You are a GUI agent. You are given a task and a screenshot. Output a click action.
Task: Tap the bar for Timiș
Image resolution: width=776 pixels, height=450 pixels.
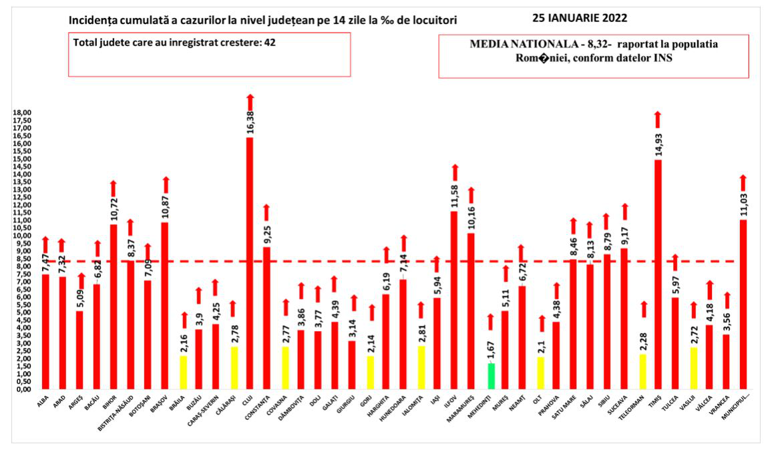coord(658,274)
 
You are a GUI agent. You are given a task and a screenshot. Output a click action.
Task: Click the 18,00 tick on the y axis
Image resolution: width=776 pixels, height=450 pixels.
coord(24,113)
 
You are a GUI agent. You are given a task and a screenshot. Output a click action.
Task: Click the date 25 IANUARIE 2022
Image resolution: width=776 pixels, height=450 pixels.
coord(580,17)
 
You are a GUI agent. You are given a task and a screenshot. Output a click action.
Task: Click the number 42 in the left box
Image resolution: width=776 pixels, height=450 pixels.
coord(269,41)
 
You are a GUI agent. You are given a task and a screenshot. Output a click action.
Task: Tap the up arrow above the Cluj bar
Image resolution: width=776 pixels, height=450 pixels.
coord(250,101)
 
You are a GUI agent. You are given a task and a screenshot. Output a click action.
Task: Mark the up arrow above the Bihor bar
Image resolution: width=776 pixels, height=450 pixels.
coord(113,189)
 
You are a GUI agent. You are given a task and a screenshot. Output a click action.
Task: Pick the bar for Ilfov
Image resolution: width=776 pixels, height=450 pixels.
coord(455,300)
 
